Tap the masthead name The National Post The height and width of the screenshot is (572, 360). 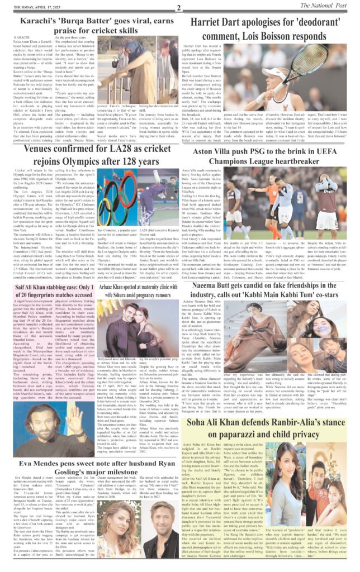click(331, 6)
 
